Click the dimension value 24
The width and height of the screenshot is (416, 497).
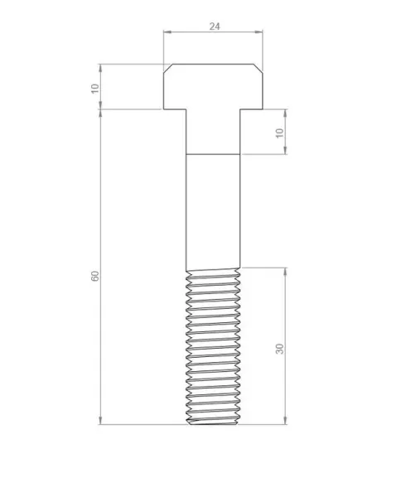click(215, 27)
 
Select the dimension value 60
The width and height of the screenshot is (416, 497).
click(95, 276)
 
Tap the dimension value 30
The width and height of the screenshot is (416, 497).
click(280, 349)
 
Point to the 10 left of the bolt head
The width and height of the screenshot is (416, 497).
click(95, 89)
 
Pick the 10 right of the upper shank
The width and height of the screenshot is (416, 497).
click(279, 133)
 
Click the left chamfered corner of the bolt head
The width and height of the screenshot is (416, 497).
click(167, 69)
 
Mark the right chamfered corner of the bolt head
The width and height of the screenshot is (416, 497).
click(258, 69)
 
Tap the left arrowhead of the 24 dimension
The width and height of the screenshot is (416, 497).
click(167, 31)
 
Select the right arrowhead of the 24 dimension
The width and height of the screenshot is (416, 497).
click(259, 31)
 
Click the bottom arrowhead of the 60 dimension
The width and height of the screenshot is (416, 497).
click(100, 420)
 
